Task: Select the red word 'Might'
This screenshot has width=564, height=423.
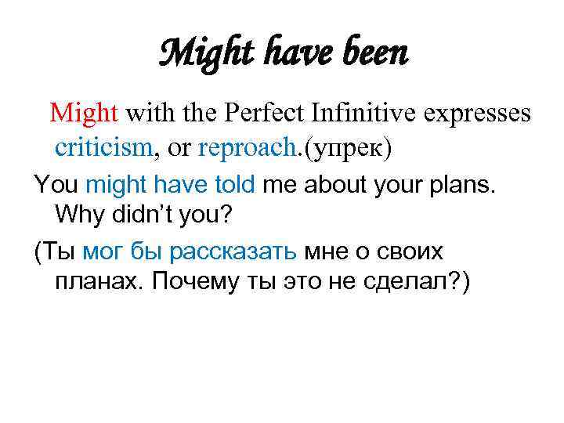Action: [84, 114]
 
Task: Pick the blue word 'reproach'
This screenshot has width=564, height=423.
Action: [242, 146]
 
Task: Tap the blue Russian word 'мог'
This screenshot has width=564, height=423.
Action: [102, 251]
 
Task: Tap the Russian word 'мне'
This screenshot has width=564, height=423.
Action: [324, 251]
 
